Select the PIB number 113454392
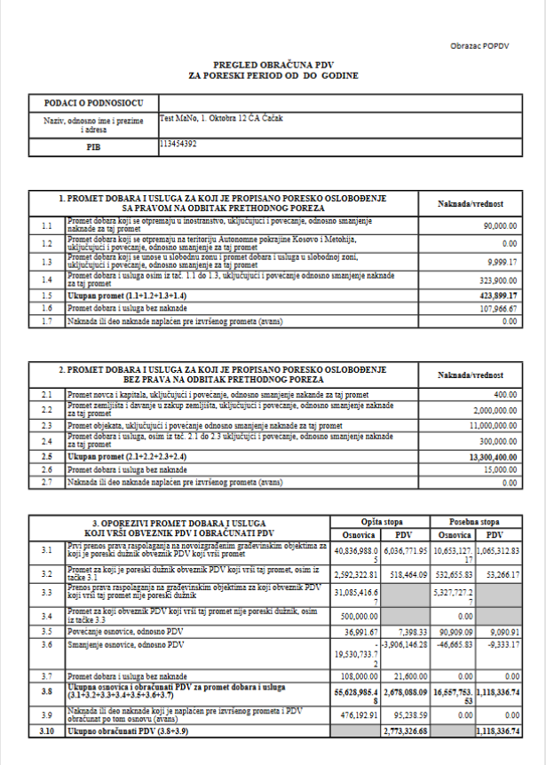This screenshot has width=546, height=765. (178, 143)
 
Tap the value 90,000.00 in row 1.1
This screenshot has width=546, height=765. (496, 226)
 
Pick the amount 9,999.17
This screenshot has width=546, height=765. (499, 264)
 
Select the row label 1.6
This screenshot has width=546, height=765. (47, 307)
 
